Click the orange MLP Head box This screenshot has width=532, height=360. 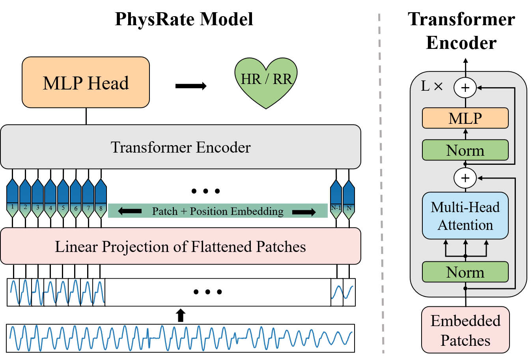coord(86,82)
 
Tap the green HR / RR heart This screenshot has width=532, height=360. coord(266,81)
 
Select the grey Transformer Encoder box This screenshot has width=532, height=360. coord(181,147)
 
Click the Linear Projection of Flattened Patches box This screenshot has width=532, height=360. coord(181,246)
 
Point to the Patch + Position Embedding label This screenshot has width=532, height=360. coord(218,211)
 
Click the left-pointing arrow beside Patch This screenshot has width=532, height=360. coord(129,212)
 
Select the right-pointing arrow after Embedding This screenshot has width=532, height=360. coord(304,212)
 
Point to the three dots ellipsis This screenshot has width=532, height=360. coord(208,292)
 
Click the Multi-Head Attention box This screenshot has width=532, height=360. coord(465,216)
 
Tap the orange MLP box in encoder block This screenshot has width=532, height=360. coord(465,118)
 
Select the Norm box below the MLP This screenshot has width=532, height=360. coord(465,150)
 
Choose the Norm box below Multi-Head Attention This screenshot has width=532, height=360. coord(465,272)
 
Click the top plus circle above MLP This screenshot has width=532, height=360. coord(465,88)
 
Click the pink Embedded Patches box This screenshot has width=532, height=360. coord(465,330)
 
